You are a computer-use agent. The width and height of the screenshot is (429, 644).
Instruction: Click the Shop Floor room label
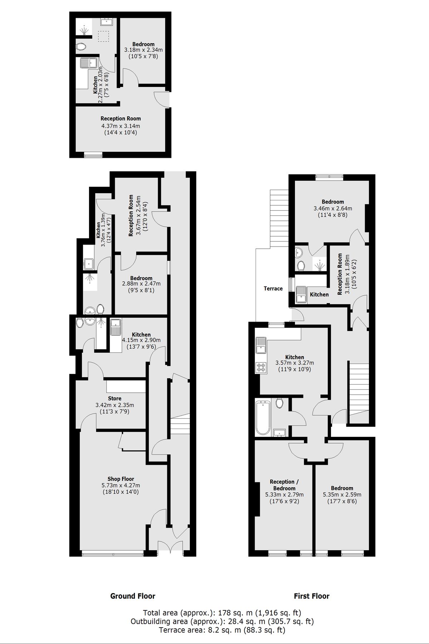[x=121, y=479]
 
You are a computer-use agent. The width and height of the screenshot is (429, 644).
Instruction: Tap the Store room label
[x=115, y=398]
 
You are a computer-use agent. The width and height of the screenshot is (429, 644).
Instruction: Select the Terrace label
[x=273, y=288]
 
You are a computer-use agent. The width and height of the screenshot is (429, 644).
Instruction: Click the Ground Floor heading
[x=133, y=596]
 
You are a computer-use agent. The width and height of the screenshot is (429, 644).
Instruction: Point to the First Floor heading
[x=311, y=596]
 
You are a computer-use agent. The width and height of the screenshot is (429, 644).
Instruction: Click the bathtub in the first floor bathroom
[x=263, y=418]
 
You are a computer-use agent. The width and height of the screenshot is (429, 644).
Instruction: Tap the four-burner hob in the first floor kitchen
[x=261, y=367]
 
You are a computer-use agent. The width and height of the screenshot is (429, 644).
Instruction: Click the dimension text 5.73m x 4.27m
[x=121, y=486]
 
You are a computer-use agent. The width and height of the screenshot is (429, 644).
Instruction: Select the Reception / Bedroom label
[x=284, y=485]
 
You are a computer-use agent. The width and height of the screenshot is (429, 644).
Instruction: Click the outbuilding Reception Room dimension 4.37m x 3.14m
[x=120, y=126]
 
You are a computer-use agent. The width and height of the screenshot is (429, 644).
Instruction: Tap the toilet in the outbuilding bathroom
[x=82, y=47]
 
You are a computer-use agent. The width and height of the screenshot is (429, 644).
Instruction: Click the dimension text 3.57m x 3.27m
[x=295, y=363]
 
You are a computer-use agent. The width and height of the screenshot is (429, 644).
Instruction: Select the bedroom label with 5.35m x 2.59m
[x=342, y=488]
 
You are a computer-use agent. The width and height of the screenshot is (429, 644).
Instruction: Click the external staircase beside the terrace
[x=279, y=218]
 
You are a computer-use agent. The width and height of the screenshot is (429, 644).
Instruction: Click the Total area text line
[x=222, y=613]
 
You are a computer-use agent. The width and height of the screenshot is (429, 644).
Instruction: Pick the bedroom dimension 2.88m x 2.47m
[x=141, y=284]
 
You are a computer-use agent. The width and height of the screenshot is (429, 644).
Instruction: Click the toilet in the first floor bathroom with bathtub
[x=280, y=403]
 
